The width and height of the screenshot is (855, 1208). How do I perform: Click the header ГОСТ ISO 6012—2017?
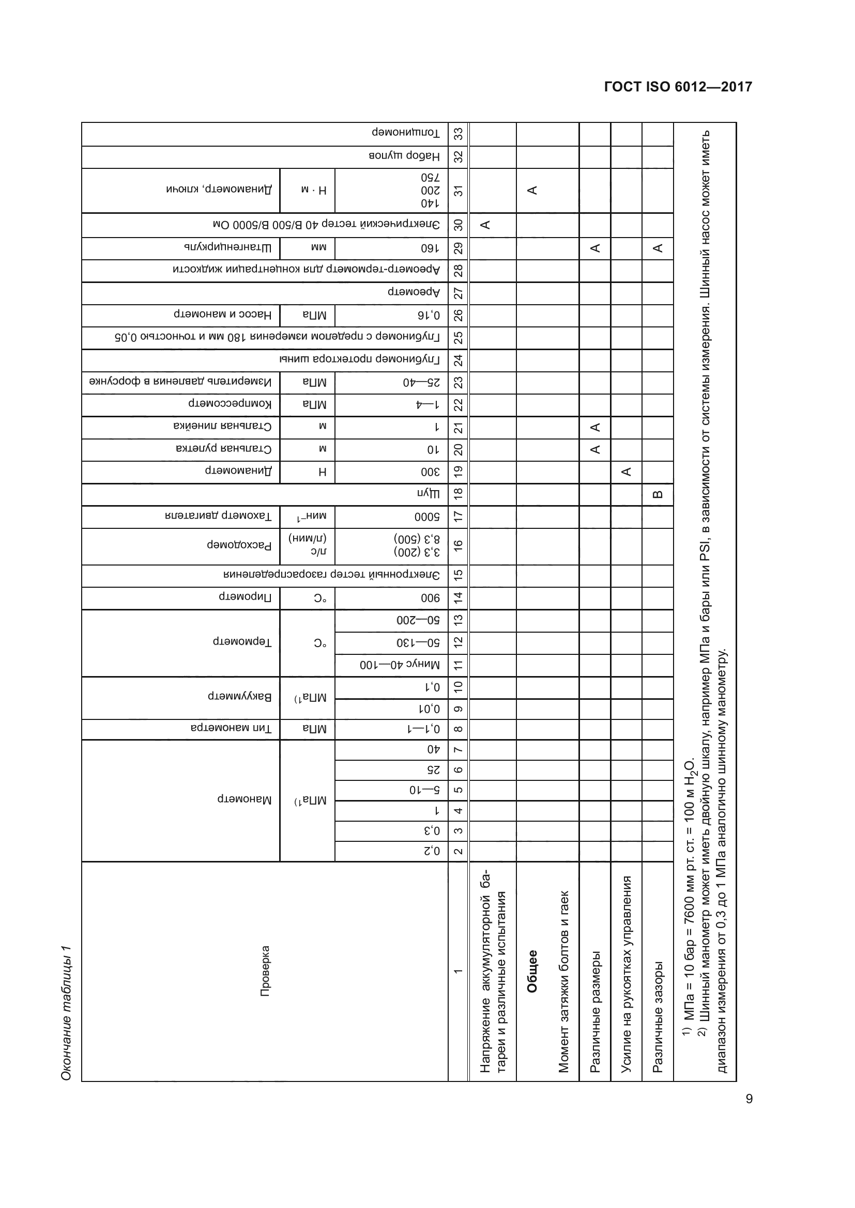click(x=678, y=87)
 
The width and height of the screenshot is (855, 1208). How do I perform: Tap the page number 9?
click(x=749, y=1099)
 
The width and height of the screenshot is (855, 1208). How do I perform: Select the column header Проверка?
click(x=265, y=971)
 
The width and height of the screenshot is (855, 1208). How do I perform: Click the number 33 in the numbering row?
click(x=458, y=134)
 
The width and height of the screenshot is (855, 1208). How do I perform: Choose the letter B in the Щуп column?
click(x=657, y=495)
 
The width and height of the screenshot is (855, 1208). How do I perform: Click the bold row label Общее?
click(x=532, y=971)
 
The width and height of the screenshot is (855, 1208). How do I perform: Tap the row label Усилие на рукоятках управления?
click(x=626, y=974)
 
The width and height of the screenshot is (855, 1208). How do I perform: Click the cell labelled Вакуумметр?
click(x=239, y=697)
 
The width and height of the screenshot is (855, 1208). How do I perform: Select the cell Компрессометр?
click(x=230, y=404)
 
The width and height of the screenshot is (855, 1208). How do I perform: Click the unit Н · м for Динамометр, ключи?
click(x=314, y=191)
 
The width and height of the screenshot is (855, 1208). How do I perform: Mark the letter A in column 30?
click(x=485, y=225)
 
